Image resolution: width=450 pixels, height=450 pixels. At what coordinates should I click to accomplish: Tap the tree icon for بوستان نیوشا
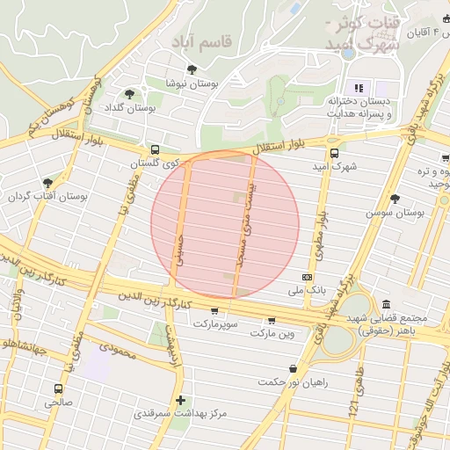[x=192, y=69]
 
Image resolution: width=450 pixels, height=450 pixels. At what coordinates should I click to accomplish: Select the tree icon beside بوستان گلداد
[x=130, y=94]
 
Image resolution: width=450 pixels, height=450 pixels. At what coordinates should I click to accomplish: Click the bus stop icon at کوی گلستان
[x=156, y=149]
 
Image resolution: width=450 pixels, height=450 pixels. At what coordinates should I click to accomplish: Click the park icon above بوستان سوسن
[x=395, y=198]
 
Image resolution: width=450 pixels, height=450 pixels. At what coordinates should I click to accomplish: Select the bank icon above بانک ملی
[x=307, y=276]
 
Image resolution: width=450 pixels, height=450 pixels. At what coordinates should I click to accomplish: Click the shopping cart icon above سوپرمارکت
[x=214, y=311]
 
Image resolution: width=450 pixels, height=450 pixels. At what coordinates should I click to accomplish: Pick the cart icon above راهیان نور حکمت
[x=292, y=368]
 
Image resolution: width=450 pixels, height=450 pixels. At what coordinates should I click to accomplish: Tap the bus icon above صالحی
[x=59, y=388]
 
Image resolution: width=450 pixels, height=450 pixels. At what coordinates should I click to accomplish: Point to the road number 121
[x=352, y=409]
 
